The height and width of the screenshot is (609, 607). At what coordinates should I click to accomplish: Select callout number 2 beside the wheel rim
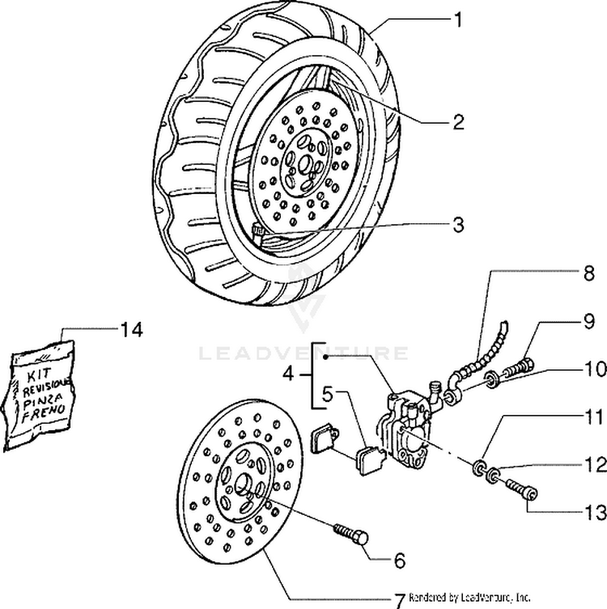click(458, 123)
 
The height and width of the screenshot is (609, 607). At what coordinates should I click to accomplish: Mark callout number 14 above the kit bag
click(131, 329)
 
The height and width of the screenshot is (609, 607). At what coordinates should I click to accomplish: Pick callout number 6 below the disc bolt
click(401, 559)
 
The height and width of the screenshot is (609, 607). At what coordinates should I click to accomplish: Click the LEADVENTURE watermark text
click(303, 353)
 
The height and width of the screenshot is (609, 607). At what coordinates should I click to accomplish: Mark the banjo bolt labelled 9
click(519, 371)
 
